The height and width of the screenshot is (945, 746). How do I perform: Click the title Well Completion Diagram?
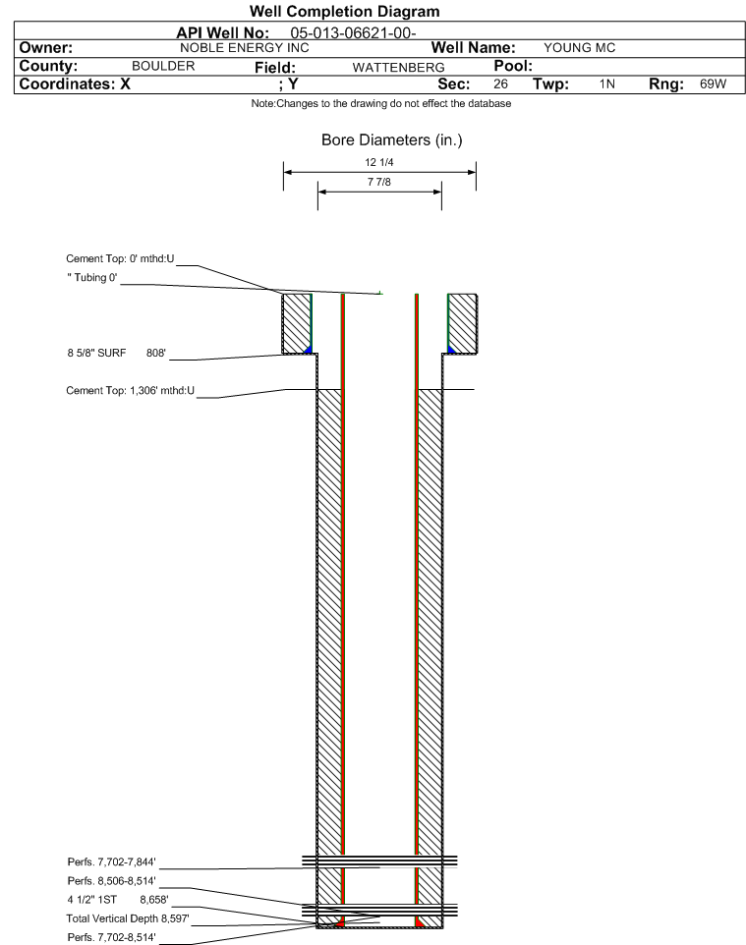tap(344, 11)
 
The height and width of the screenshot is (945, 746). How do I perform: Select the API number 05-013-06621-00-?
tap(354, 33)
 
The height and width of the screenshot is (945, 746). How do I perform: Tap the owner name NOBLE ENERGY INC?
tap(245, 48)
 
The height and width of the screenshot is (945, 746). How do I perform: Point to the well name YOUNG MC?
tap(580, 48)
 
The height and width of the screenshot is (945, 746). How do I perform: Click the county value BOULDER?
tap(163, 66)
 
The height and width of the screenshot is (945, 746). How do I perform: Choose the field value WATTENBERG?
tap(399, 68)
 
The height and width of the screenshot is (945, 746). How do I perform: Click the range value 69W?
tap(713, 83)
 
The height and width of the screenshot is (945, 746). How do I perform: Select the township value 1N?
tap(607, 83)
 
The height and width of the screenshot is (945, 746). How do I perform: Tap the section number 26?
tap(500, 83)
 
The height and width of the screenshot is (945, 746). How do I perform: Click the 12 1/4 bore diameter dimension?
tap(379, 162)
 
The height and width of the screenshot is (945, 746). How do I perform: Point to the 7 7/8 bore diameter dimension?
tap(379, 182)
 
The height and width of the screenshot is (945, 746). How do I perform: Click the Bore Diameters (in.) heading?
tap(391, 140)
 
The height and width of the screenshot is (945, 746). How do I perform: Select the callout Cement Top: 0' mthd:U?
tap(120, 258)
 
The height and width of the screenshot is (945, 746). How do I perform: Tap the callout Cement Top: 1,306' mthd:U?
tap(131, 391)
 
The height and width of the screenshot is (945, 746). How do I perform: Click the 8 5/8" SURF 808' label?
tap(116, 353)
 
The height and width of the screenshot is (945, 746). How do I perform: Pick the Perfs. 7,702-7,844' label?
tap(112, 862)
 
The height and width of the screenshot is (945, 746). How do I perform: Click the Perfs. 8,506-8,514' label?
tap(112, 880)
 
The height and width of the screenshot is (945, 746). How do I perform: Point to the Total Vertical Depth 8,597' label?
tap(128, 918)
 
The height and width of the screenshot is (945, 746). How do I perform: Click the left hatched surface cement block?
tap(297, 323)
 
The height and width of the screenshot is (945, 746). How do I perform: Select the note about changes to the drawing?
tap(381, 104)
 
